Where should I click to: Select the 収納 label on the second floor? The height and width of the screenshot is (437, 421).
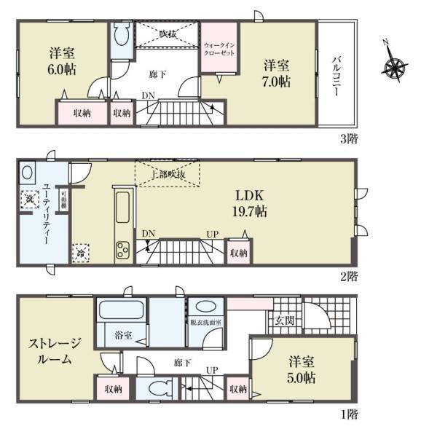tap(238, 253)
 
